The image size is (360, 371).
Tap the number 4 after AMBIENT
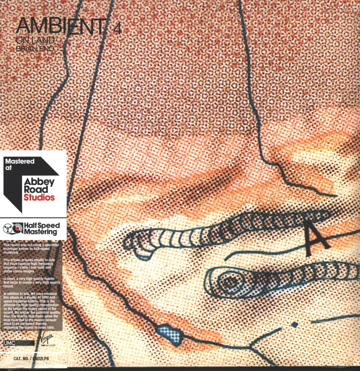point(117,29)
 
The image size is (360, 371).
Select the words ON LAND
point(35,40)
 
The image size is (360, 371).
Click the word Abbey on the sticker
point(39,182)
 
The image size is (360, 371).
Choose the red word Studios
point(39,197)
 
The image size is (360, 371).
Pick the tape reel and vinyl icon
point(13,229)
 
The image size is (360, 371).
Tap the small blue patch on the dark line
point(169,334)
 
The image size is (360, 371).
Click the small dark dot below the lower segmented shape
point(294,325)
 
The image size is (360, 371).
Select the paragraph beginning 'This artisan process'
point(30,265)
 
